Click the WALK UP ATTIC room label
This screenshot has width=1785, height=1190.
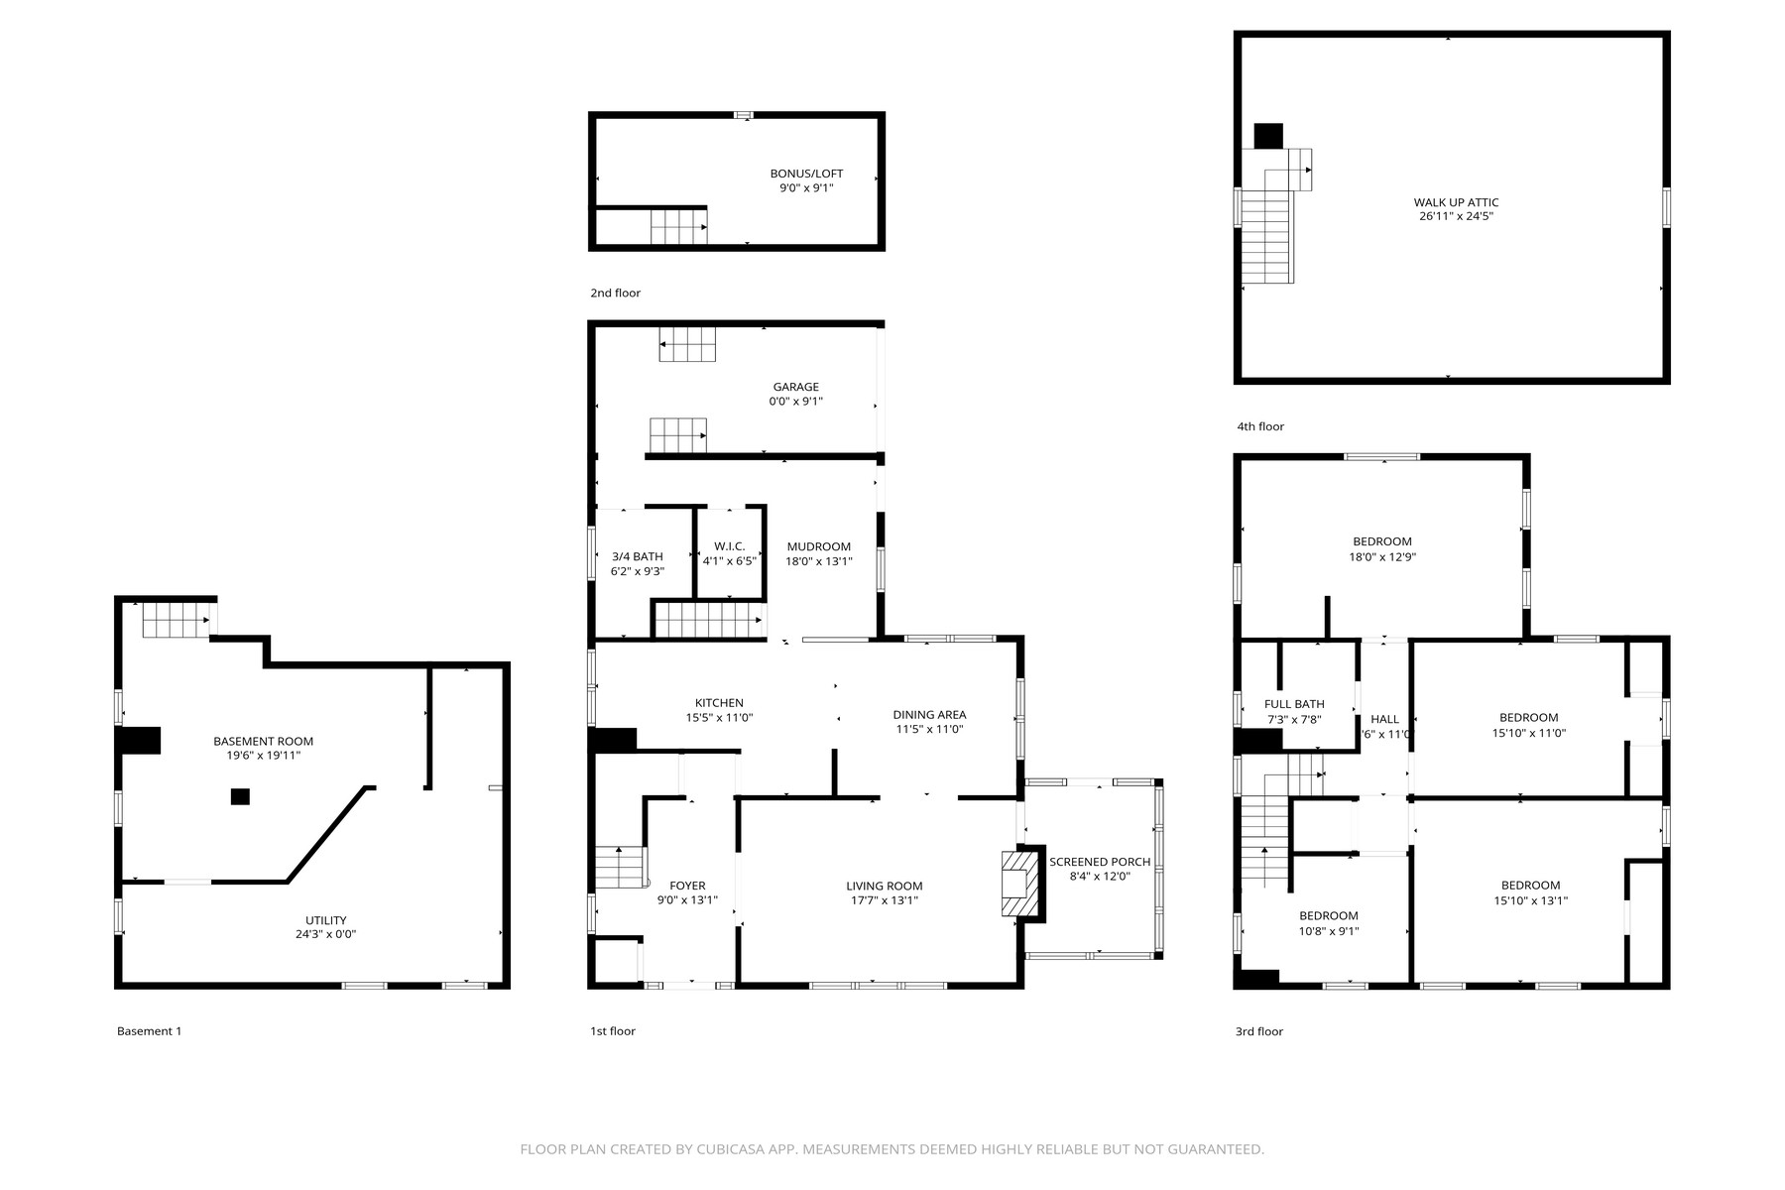[1456, 202]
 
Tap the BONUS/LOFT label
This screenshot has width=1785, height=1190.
[806, 174]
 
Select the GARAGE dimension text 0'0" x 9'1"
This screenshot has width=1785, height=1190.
[795, 402]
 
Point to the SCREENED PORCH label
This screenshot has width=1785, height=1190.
[1100, 862]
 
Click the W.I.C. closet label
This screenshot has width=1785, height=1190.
[729, 546]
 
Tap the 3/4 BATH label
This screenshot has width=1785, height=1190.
[637, 556]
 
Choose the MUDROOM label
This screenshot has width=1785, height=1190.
[818, 546]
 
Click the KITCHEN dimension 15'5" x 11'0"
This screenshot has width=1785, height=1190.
[719, 717]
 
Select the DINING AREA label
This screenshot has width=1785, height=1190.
[929, 714]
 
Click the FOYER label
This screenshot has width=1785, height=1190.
[687, 886]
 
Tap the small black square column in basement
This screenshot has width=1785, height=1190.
[240, 796]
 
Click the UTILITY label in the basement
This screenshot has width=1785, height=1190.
[325, 920]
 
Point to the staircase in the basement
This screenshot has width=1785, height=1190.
[177, 621]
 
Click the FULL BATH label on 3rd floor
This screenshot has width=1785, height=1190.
[1294, 704]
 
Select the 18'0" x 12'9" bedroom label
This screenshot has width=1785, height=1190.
[1381, 556]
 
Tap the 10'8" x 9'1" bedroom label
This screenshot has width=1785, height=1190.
[1328, 930]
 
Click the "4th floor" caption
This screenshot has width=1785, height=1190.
[1259, 426]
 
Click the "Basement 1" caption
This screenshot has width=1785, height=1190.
[149, 1031]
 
